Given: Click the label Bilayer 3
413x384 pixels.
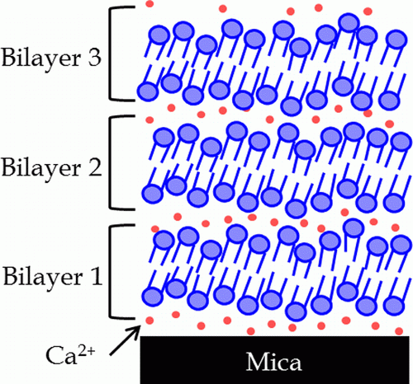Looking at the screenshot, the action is [51, 59].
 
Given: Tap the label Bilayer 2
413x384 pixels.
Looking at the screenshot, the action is [52, 168].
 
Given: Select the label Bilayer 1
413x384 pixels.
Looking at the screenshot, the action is [53, 277].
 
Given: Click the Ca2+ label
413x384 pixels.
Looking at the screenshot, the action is [70, 354].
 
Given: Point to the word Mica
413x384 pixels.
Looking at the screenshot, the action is [273, 362].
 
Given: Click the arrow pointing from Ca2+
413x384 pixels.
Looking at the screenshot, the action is [125, 340].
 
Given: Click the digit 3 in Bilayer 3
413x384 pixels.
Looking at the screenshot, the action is [94, 58].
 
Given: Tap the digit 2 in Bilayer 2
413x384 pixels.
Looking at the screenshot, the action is [95, 166].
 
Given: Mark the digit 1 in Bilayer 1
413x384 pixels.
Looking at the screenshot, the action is [97, 275].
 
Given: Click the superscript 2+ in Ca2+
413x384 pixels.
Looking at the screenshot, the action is [87, 351].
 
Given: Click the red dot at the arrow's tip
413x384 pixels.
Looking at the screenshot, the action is [150, 321].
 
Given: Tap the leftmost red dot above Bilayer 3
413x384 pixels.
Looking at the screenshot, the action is [150, 4].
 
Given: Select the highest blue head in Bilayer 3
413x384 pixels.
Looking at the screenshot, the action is [349, 23].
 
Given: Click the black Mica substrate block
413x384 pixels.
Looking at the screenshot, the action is [274, 359].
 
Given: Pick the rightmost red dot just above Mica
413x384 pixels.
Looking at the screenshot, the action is [399, 330].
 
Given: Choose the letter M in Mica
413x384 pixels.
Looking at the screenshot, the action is [256, 362].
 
